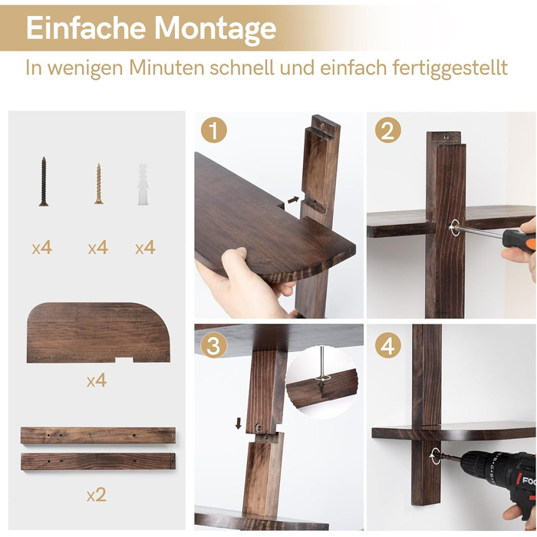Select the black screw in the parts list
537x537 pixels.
(44, 182)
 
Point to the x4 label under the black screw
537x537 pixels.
(42, 248)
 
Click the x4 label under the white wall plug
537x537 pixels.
(145, 248)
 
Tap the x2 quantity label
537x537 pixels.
(96, 495)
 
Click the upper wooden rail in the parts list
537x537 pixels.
(97, 436)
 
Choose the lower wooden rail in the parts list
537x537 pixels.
(97, 462)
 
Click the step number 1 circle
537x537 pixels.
(214, 130)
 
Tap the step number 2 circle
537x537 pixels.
(388, 130)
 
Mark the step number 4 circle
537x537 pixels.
(388, 346)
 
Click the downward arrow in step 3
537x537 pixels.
(239, 423)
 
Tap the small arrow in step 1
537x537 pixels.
(294, 199)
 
